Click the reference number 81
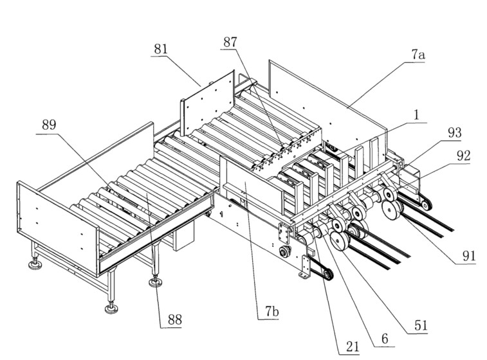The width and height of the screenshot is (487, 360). (161, 49)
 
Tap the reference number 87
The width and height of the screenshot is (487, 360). (230, 42)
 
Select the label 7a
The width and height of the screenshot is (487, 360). (418, 55)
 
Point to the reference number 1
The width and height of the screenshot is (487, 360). (416, 115)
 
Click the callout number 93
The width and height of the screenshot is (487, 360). (454, 133)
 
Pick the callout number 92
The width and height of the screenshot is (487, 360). (463, 156)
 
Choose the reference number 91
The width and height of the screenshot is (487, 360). (469, 256)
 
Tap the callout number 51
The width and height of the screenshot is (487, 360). (421, 325)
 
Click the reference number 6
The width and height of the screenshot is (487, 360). (385, 339)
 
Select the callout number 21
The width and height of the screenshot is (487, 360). (352, 346)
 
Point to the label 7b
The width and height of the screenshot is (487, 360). (271, 311)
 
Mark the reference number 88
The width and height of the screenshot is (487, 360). (174, 319)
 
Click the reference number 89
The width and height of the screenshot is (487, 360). (49, 125)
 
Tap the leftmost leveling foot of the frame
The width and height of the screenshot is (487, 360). (35, 265)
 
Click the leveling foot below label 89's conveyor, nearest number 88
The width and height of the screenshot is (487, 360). (156, 282)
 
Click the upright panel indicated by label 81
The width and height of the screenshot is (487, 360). (207, 103)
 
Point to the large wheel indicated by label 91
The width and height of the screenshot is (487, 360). (391, 210)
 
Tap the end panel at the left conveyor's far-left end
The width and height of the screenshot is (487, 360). (58, 228)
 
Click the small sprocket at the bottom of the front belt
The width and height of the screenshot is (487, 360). (327, 274)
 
